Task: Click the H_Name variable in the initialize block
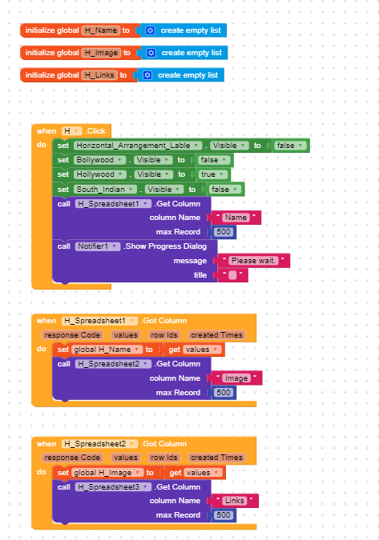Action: pos(101,30)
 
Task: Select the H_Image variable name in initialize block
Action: pos(102,53)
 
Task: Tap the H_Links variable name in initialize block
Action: pos(99,75)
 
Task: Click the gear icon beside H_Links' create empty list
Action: pos(147,75)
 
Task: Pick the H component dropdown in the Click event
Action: pos(72,131)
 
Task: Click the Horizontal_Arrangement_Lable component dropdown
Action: pos(138,146)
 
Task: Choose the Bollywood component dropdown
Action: pos(99,160)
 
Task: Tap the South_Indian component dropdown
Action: pos(105,190)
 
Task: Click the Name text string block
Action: pos(236,218)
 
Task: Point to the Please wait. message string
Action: pos(253,261)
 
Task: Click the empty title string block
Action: pos(232,275)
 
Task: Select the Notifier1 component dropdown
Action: pos(98,246)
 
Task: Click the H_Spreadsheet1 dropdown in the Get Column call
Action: pos(113,204)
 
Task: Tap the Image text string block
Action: pos(236,378)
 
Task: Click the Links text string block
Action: pos(235,501)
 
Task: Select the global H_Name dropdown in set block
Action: pos(107,350)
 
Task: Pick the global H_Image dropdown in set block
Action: pos(107,473)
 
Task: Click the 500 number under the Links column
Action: pos(224,515)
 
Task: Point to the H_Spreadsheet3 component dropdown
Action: pos(113,487)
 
